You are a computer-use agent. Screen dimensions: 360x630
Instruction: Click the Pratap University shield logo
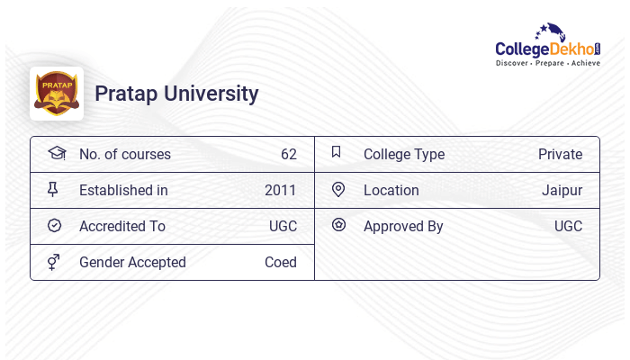(x=56, y=93)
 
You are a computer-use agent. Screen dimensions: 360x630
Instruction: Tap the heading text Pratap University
(x=176, y=94)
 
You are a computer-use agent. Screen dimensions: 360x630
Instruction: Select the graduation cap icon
(x=56, y=154)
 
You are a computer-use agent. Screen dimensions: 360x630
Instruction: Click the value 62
(x=288, y=154)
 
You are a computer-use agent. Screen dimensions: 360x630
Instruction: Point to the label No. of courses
(x=124, y=154)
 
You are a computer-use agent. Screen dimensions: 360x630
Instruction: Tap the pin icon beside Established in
(x=54, y=190)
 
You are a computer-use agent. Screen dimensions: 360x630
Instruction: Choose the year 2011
(x=280, y=190)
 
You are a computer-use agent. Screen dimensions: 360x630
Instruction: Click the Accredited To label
(x=122, y=226)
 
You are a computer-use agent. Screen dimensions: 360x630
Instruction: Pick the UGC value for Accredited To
(x=283, y=226)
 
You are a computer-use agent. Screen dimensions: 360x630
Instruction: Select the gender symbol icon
(x=54, y=262)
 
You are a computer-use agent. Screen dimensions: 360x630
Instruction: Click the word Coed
(x=280, y=262)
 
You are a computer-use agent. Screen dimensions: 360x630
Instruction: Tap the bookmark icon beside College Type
(x=337, y=153)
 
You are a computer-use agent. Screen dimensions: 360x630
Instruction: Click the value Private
(x=560, y=154)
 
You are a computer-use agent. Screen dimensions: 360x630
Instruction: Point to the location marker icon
(x=338, y=190)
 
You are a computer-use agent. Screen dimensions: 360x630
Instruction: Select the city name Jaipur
(x=562, y=190)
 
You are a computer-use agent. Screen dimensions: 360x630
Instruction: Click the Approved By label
(x=403, y=226)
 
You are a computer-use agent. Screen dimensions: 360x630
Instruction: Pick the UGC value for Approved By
(x=568, y=226)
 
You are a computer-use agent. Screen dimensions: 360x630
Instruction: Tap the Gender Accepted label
(x=132, y=262)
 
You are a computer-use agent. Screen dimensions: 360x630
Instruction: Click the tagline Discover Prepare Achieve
(x=548, y=64)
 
